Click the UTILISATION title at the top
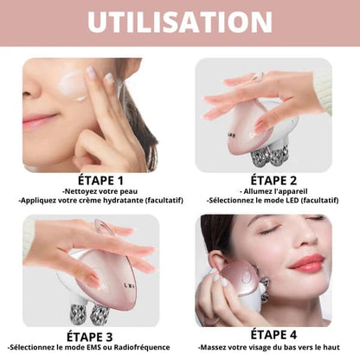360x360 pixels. coord(180,22)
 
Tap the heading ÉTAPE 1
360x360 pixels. coord(100,181)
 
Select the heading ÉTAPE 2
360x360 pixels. coord(273,180)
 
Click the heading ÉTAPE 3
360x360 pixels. coord(90,337)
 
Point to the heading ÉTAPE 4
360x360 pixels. coord(273,335)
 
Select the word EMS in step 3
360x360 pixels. coord(94,347)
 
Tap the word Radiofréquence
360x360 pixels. coord(142,347)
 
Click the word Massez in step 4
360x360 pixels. coord(214,347)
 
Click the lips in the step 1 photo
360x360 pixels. coord(38,120)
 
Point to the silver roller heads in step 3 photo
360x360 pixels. coord(88,313)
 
